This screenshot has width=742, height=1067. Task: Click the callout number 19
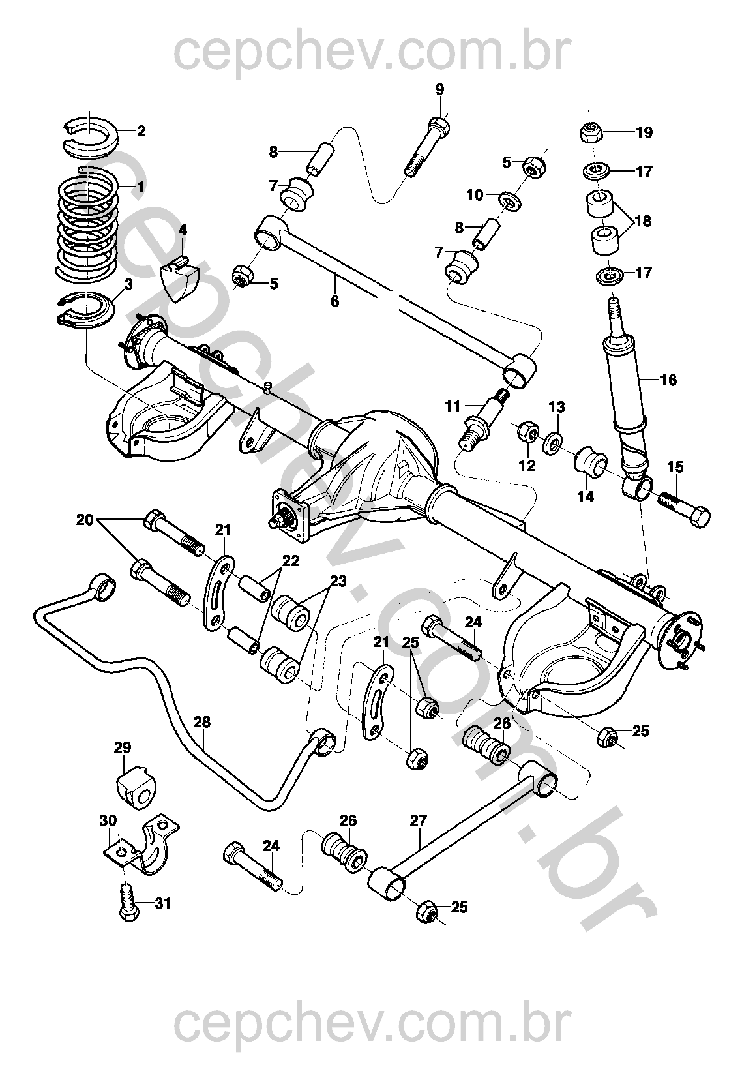(x=644, y=133)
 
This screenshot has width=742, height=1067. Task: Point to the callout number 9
(x=439, y=89)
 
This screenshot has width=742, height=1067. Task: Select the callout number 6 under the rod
(x=335, y=302)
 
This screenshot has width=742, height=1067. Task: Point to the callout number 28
(x=202, y=722)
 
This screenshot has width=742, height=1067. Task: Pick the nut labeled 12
(x=527, y=434)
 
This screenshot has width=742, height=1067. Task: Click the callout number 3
(x=128, y=284)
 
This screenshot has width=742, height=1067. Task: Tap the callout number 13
(x=556, y=407)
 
